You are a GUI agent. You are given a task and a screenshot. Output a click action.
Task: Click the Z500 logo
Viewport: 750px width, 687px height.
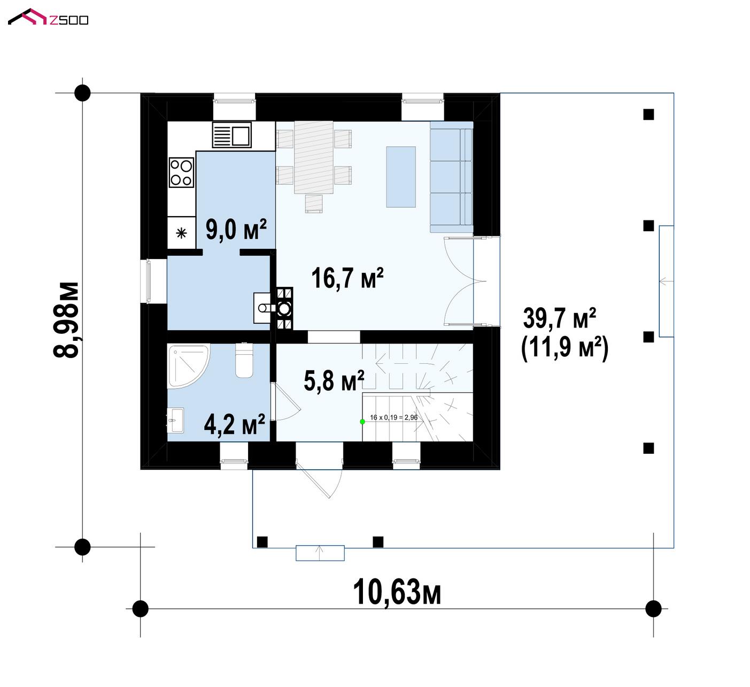[x=48, y=17]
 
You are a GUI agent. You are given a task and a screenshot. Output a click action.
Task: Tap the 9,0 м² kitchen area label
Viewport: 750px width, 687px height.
[x=236, y=229]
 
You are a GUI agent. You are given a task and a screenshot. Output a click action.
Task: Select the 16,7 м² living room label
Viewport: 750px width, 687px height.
[x=347, y=278]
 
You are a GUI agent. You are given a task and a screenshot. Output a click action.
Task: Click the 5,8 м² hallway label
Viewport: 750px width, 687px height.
[x=334, y=381]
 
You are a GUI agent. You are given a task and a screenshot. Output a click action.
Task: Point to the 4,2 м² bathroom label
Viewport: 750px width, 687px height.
[x=235, y=424]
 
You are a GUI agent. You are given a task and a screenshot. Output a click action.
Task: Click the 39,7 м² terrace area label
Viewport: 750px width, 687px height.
[x=559, y=318]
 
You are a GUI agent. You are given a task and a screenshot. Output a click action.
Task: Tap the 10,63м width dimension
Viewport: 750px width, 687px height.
[x=397, y=592]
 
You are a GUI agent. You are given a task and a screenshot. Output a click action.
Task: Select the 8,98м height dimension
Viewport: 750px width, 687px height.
[x=66, y=320]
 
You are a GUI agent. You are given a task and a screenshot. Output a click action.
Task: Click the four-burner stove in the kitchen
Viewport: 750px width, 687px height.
[x=181, y=172]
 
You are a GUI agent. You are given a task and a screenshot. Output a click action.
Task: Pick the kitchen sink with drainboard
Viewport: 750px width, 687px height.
[x=232, y=135]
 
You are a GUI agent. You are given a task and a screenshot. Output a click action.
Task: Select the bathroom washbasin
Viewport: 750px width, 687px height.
[x=176, y=420]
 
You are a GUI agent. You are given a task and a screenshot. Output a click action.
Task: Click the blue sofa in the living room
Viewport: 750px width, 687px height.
[x=451, y=177]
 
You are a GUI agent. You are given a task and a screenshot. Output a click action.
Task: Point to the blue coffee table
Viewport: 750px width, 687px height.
[x=401, y=177]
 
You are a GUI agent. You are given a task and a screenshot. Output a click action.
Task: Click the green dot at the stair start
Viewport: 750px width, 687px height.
[x=362, y=422]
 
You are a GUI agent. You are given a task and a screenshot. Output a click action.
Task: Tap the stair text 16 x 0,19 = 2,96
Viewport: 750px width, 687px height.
[x=393, y=417]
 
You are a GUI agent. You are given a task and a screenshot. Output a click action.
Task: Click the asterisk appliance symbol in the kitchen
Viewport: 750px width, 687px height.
[x=181, y=233]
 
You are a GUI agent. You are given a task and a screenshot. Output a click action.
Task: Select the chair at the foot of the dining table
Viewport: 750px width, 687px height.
[x=314, y=204]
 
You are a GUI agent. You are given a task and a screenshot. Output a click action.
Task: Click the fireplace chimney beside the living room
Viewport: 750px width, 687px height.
[x=284, y=309]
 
